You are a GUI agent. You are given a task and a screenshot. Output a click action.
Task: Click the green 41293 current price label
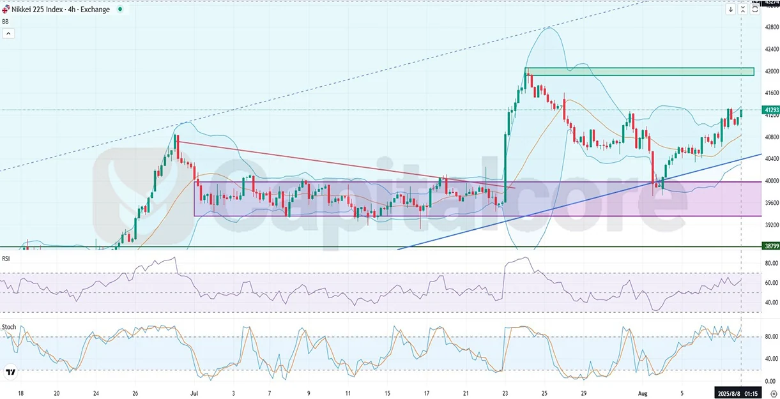(x=771, y=110)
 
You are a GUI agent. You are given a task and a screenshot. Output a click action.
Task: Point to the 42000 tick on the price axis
(x=772, y=71)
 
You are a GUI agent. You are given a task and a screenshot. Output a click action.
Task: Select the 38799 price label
(x=771, y=245)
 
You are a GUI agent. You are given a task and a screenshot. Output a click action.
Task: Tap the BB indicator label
(x=6, y=21)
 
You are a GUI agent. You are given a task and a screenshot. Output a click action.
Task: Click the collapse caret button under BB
(x=8, y=33)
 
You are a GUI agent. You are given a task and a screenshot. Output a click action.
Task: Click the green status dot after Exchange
(x=119, y=10)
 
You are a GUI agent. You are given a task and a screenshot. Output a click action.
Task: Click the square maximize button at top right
(x=754, y=9)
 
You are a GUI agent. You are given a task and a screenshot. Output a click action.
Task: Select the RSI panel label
(x=6, y=259)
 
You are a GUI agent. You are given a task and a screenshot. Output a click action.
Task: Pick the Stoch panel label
(x=9, y=327)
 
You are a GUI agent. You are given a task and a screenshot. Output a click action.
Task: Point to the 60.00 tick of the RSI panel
(x=772, y=283)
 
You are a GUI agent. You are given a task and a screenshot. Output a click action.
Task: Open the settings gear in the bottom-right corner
(x=774, y=394)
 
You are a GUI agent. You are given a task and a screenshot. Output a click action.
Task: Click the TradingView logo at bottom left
(x=10, y=372)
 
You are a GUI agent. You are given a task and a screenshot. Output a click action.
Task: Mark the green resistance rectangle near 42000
(x=639, y=72)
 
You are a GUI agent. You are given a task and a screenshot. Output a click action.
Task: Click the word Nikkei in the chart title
(x=23, y=10)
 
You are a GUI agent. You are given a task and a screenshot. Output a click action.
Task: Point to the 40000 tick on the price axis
(x=772, y=181)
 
